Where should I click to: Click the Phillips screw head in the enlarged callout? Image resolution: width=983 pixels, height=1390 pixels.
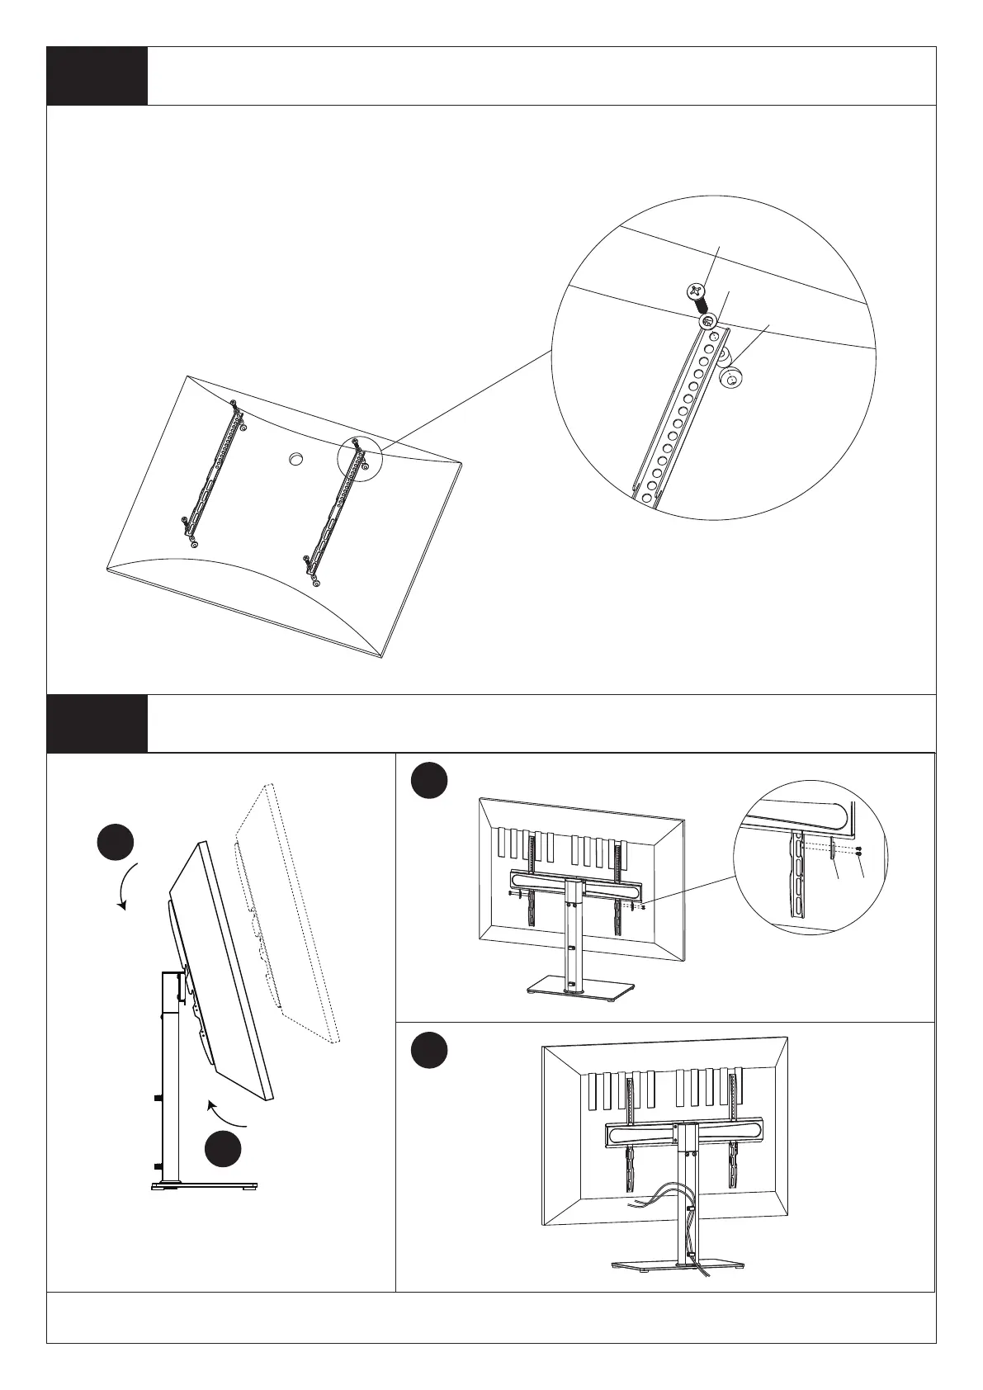click(x=696, y=291)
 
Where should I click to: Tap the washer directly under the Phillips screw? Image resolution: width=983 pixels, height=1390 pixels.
click(x=707, y=322)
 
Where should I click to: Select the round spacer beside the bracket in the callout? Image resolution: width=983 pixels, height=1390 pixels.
click(x=730, y=379)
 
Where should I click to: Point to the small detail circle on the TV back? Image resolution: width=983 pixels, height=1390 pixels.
click(x=360, y=458)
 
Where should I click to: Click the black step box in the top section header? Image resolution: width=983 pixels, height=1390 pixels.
click(x=97, y=76)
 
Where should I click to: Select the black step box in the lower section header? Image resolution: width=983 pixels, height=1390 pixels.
click(x=97, y=723)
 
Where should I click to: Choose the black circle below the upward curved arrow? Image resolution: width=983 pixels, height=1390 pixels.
click(x=224, y=1150)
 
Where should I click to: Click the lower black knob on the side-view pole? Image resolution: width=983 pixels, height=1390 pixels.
click(x=156, y=1166)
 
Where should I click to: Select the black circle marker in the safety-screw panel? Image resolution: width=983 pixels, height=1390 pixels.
click(x=430, y=781)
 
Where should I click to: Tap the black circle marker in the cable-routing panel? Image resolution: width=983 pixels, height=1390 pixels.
click(x=430, y=1050)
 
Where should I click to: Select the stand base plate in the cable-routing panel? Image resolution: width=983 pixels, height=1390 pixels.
click(x=665, y=1264)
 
